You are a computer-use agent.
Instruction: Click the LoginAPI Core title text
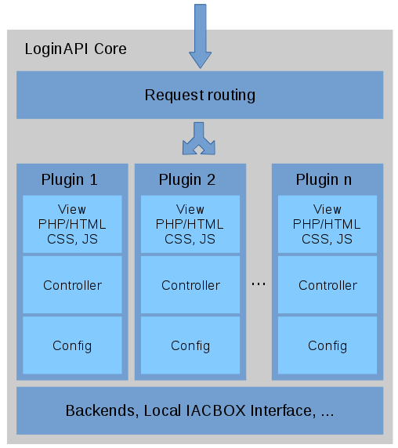coord(76,49)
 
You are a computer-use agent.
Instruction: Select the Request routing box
coord(200,95)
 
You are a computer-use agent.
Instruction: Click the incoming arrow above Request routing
coord(201,36)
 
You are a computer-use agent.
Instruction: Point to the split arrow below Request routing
coord(199,139)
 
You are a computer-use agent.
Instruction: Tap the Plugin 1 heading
coord(70,180)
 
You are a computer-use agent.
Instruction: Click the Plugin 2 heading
coord(187,180)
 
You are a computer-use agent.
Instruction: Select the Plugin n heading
coord(324,180)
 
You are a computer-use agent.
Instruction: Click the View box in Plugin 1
coord(72,224)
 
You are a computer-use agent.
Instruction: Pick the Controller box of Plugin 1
coord(72,285)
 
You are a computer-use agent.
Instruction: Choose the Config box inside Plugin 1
coord(72,345)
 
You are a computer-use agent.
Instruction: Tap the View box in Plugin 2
coord(190,224)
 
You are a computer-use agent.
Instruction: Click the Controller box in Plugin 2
coord(190,285)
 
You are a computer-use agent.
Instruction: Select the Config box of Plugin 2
coord(190,345)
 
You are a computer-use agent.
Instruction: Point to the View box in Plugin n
coord(327,224)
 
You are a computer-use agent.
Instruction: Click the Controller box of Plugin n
coord(327,285)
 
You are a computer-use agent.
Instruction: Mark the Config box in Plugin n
coord(327,345)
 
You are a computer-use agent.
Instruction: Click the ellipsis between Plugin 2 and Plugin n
coord(259,284)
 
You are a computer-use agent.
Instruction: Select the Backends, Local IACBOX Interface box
coord(200,410)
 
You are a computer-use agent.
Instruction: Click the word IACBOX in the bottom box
coord(215,410)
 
